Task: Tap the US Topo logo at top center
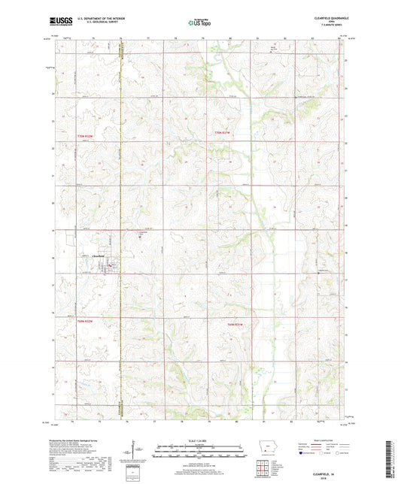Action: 199,22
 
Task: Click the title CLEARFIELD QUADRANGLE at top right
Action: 327,16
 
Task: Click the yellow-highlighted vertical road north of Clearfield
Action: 121,150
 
